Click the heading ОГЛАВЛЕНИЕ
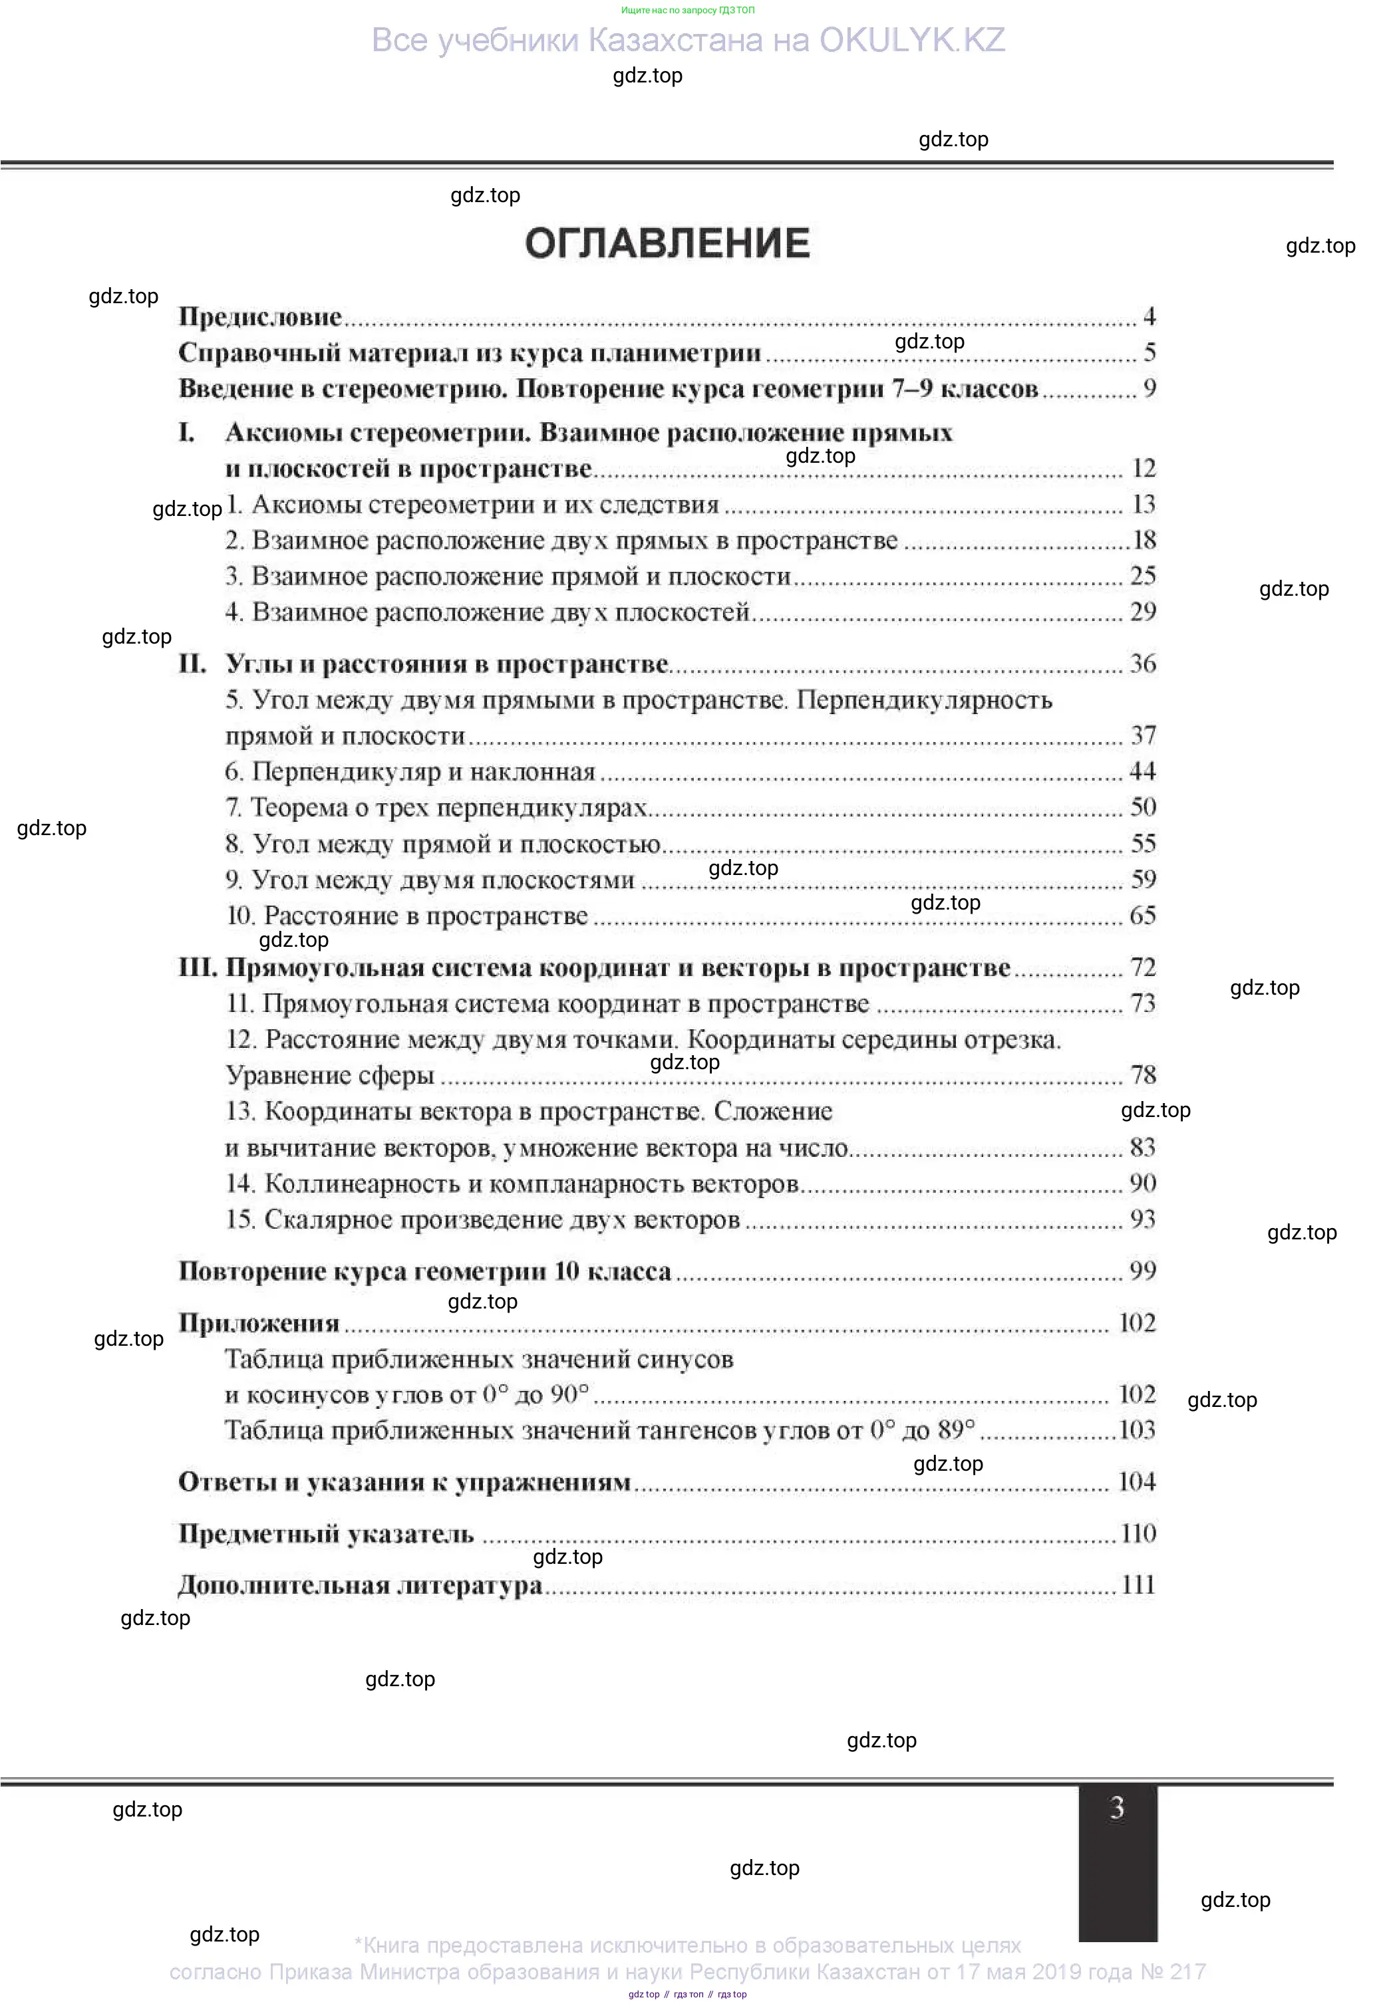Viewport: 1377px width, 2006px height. point(667,243)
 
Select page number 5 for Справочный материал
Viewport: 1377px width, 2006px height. point(1149,352)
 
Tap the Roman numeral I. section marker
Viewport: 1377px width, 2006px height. point(186,432)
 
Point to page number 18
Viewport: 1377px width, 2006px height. point(1144,541)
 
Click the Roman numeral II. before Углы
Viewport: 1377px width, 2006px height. point(192,664)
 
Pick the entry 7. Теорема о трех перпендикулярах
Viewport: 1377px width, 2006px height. point(436,808)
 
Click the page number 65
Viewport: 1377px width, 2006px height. point(1142,916)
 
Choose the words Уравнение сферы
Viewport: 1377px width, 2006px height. point(330,1076)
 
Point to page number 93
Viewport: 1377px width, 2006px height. point(1142,1219)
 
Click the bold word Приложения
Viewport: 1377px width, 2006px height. point(259,1323)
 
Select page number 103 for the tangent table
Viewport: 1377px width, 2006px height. point(1137,1430)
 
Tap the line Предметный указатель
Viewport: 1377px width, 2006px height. point(327,1534)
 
